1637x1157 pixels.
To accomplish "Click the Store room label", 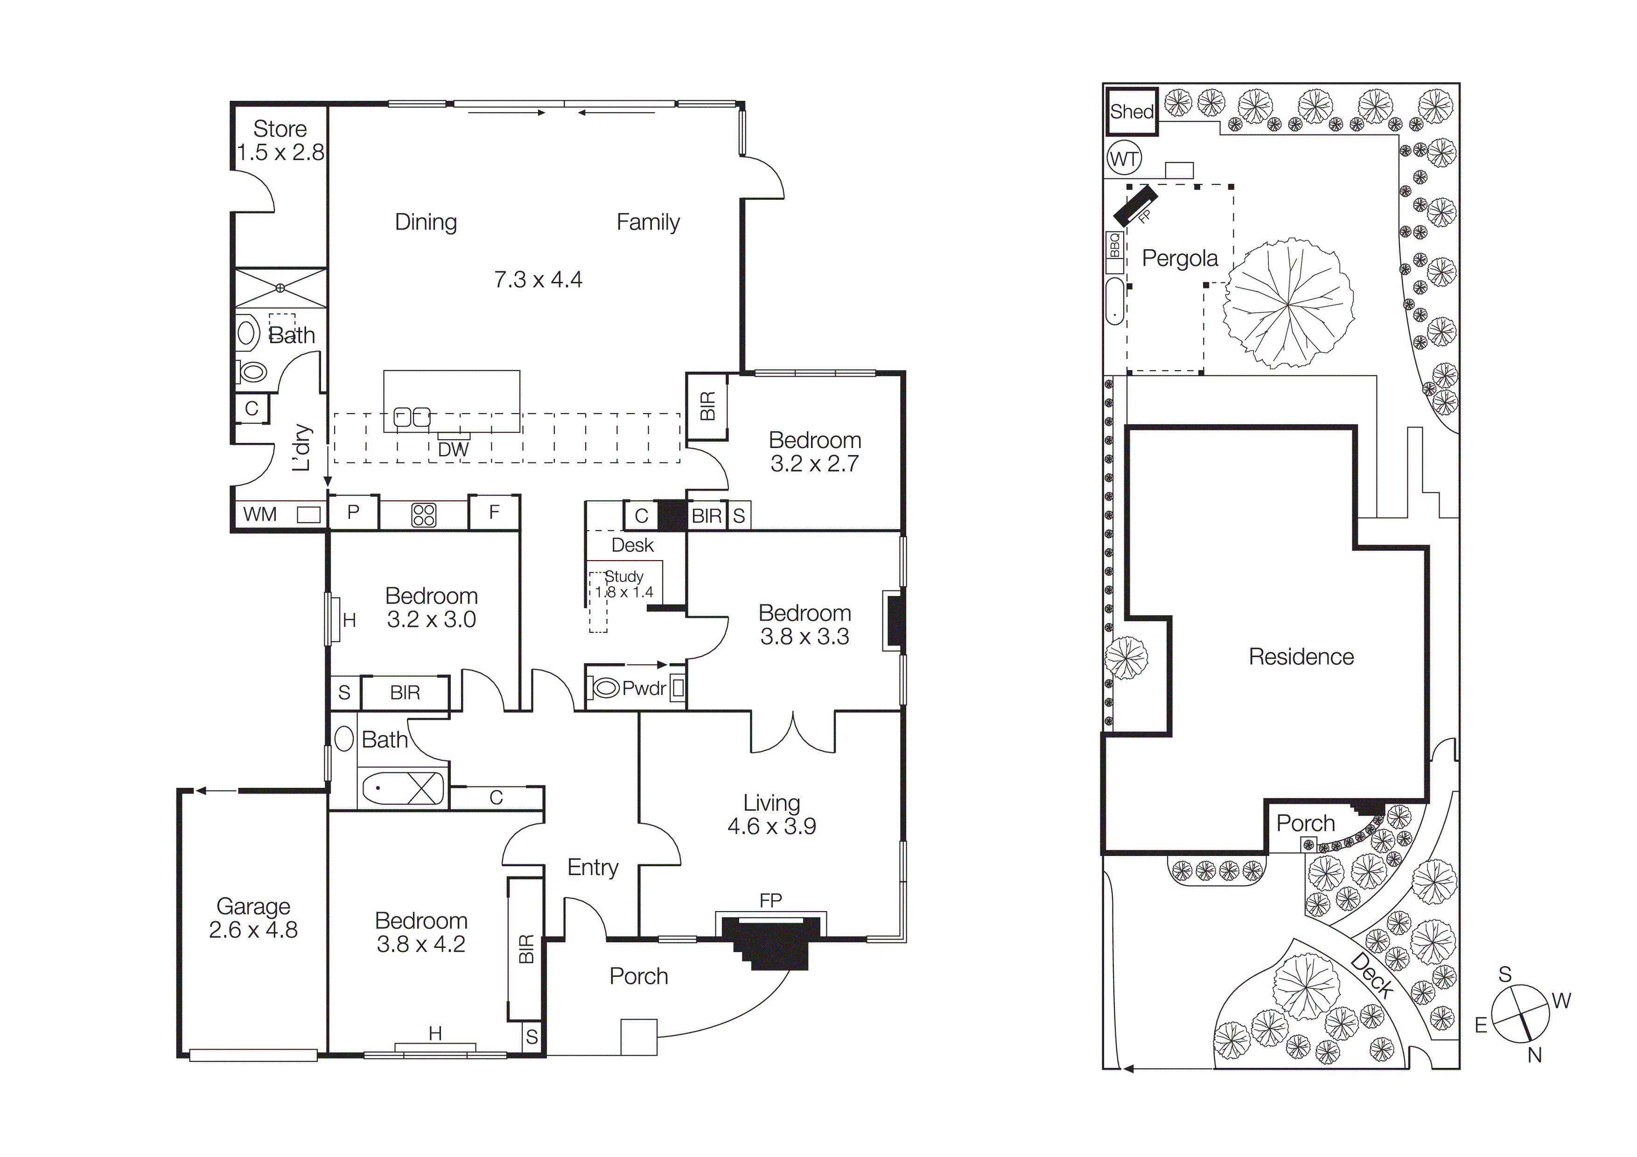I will (x=280, y=129).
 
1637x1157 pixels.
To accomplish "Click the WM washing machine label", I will (x=259, y=514).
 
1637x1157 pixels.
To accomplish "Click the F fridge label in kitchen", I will (x=494, y=512).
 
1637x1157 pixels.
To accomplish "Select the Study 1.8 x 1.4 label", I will (x=624, y=584).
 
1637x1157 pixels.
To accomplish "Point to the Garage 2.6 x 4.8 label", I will (x=253, y=918).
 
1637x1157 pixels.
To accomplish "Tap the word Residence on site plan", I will (x=1301, y=657).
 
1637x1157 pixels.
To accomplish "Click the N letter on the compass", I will (x=1534, y=1055).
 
